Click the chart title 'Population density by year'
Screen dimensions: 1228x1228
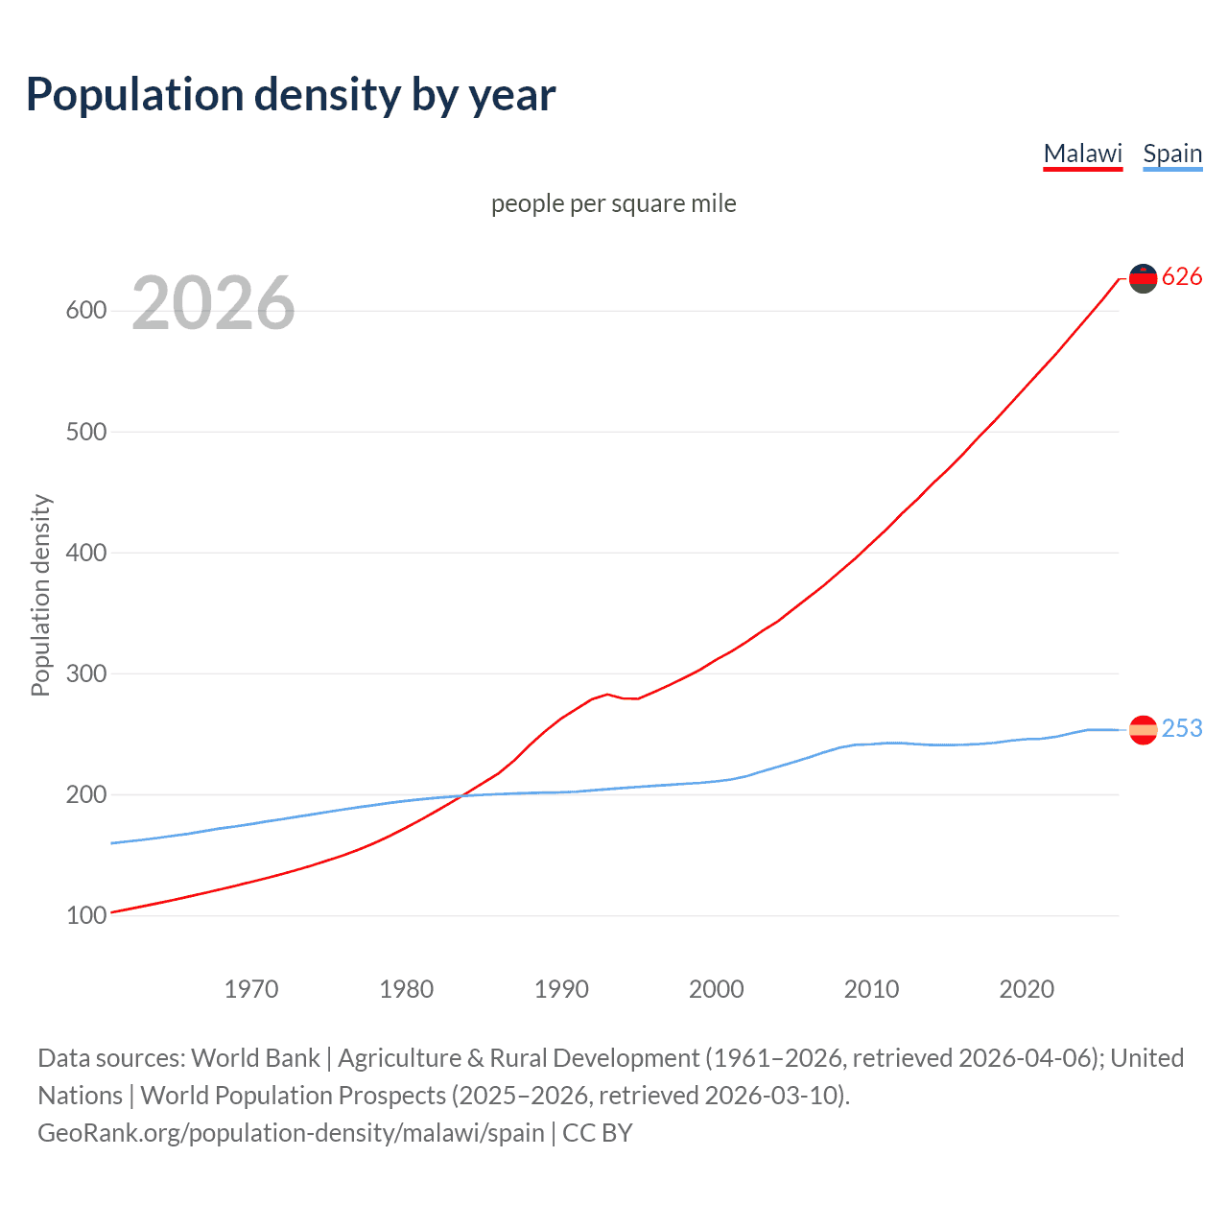click(x=291, y=95)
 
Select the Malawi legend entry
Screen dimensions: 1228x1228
click(x=1082, y=153)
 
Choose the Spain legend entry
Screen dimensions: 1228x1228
click(x=1172, y=153)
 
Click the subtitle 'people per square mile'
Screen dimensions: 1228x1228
click(x=613, y=203)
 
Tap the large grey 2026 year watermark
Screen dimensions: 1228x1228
click(x=213, y=303)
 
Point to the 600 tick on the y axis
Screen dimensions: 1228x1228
click(x=85, y=311)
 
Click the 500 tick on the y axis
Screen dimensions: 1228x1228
click(x=85, y=432)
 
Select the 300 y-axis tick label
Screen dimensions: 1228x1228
click(x=85, y=673)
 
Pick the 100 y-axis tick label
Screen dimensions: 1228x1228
click(x=85, y=915)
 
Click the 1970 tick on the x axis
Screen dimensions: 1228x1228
click(x=251, y=989)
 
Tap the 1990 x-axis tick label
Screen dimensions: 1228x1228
click(x=561, y=989)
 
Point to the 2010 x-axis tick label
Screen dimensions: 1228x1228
click(x=871, y=989)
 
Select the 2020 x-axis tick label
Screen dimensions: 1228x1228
click(x=1027, y=989)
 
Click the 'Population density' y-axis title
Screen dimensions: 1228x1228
click(x=40, y=595)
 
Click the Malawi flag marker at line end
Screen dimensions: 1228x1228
click(x=1143, y=278)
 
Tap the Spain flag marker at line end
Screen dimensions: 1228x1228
click(x=1143, y=730)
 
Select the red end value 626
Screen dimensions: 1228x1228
click(x=1182, y=277)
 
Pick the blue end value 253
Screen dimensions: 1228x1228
click(x=1182, y=729)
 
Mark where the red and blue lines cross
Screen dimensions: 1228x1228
click(x=462, y=795)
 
